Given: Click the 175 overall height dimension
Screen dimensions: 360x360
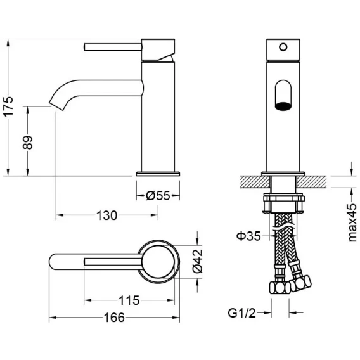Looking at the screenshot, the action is coord(8,107).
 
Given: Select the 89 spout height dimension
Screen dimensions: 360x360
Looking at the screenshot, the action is coord(28,143).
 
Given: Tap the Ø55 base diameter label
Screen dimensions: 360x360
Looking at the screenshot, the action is coord(158,196).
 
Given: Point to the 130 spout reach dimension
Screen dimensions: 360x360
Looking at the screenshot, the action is coord(106,215).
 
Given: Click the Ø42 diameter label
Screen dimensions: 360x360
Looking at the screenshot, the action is coord(198,261).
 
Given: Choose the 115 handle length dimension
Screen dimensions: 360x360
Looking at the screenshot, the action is coord(129,300).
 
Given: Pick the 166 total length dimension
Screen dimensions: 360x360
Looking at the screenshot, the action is coord(114,318).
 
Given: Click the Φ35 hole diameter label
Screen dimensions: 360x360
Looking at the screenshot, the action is coord(248,236).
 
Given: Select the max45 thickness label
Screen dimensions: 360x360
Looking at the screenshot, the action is coord(352,222).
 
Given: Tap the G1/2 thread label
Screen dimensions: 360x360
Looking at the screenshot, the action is coord(241,312).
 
